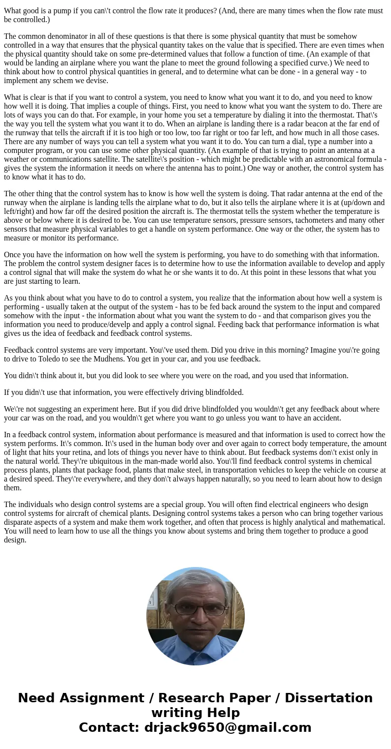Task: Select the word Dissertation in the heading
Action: pyautogui.click(x=328, y=698)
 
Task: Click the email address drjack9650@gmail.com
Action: pyautogui.click(x=228, y=728)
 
